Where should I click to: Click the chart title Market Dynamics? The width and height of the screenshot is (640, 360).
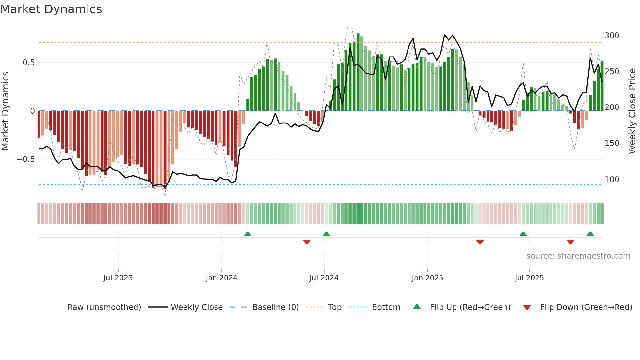tap(51, 9)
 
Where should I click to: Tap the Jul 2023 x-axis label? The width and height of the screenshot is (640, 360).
tap(118, 278)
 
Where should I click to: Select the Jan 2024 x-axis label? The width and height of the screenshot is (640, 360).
tap(221, 278)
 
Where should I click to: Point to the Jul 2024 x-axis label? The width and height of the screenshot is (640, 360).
tap(324, 278)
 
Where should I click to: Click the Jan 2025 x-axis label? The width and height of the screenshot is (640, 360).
tap(427, 278)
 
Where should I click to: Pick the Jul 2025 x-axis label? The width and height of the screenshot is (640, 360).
tap(529, 278)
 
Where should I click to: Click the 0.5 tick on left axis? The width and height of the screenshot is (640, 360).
tap(28, 63)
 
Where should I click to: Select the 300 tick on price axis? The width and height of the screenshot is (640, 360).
tap(612, 36)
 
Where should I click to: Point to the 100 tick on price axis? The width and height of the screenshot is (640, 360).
tap(612, 180)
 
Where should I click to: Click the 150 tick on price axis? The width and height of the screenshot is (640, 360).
tap(612, 143)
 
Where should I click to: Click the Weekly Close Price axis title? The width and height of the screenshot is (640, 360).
tap(632, 111)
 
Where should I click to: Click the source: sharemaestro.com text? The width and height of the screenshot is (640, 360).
tap(578, 256)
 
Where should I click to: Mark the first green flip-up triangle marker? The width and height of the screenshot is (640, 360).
tap(248, 234)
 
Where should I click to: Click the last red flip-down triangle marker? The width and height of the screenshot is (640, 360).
tap(570, 242)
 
